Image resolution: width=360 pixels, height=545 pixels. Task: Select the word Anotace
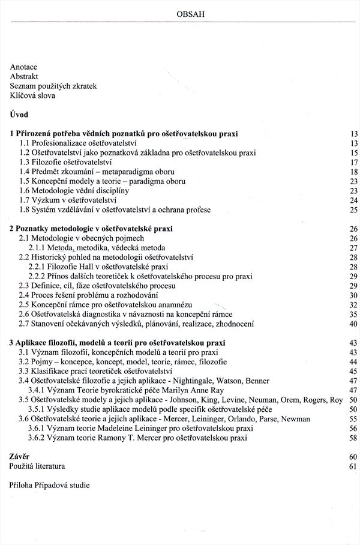click(x=23, y=68)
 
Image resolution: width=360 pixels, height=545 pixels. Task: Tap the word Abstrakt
click(x=24, y=77)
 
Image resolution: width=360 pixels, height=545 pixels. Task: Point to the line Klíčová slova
click(x=32, y=95)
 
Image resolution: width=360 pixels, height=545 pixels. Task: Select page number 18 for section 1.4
click(x=353, y=172)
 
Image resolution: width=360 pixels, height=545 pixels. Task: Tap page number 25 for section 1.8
click(x=353, y=209)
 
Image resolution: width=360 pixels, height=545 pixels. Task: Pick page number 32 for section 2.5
click(x=353, y=304)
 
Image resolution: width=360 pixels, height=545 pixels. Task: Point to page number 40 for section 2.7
click(x=353, y=324)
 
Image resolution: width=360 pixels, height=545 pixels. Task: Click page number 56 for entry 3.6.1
click(x=353, y=428)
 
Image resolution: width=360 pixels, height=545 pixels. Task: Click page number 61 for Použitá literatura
click(x=353, y=466)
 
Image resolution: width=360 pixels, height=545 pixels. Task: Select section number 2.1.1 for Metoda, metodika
click(x=38, y=247)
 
